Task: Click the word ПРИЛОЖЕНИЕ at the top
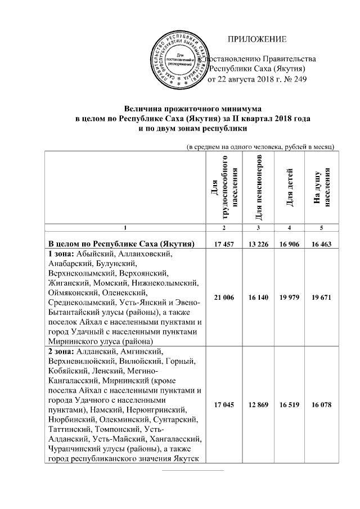pos(256,39)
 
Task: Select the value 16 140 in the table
pos(258,296)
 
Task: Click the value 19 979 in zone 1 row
pos(289,296)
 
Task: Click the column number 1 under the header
pos(125,227)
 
